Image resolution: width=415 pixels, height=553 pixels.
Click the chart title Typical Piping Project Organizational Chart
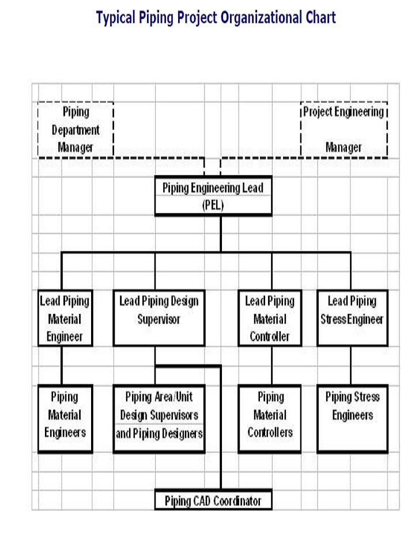(x=216, y=18)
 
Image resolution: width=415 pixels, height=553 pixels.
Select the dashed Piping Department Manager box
(x=76, y=130)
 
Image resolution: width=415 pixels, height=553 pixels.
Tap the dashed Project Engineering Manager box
(x=344, y=130)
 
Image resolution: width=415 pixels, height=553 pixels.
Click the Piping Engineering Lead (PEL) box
(x=213, y=196)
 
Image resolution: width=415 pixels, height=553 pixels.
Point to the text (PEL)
(x=213, y=205)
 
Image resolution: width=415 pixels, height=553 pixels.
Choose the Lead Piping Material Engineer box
(x=65, y=319)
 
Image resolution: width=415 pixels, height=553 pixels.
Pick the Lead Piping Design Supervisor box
(x=159, y=319)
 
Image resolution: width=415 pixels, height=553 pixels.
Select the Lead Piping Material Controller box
(x=270, y=319)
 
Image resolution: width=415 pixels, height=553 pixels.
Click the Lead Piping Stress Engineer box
(x=352, y=319)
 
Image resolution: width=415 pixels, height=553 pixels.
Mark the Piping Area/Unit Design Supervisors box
(x=159, y=415)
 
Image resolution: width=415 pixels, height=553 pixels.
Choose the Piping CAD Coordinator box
(x=213, y=500)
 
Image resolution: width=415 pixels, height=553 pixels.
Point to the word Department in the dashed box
(x=76, y=130)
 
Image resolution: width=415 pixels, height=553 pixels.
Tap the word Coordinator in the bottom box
(x=237, y=501)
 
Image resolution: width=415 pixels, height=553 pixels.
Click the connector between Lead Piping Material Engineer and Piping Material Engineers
(x=62, y=365)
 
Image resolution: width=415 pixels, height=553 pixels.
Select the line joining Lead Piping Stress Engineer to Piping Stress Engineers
(x=350, y=365)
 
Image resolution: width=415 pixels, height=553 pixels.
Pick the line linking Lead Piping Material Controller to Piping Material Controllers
(x=271, y=365)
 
